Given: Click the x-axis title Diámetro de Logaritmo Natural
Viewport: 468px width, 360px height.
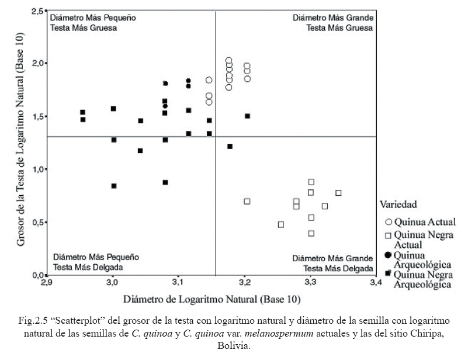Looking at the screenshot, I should coord(212,300).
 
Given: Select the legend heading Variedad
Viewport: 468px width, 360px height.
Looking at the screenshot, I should coord(398,205).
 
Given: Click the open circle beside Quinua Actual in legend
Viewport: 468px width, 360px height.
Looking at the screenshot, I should coord(388,222).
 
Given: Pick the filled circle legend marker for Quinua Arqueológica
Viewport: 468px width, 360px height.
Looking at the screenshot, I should coord(388,255).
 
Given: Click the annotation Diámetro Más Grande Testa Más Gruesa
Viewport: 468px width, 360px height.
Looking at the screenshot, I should coord(332,23).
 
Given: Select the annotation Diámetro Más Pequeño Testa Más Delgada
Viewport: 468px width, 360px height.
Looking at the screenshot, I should coord(96,262).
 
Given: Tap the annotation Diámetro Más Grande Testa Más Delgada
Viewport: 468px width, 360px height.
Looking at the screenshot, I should coord(332,262).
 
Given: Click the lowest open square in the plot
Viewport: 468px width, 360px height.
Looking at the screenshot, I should coord(311,233).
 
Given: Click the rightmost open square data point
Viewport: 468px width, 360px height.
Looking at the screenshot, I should coord(338,193).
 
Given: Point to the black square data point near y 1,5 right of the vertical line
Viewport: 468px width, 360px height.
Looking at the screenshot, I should coord(247,116).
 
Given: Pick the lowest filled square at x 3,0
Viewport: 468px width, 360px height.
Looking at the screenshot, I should coord(114,186).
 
